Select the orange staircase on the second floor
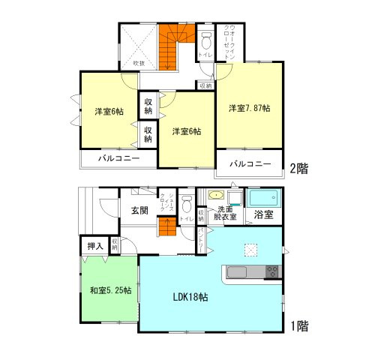171,45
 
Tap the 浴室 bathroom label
263,215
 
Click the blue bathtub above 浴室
262,199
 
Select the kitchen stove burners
271,271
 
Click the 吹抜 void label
139,64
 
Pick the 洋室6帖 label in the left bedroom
109,112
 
